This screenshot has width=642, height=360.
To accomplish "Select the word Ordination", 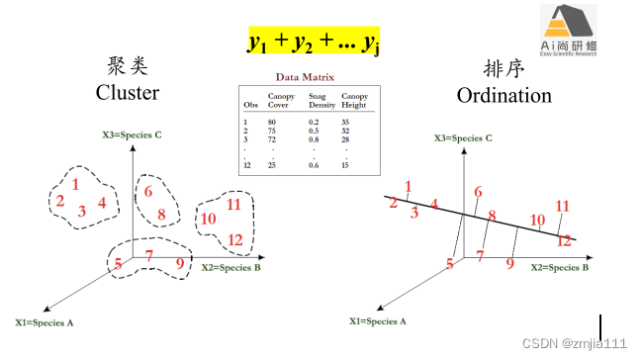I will pyautogui.click(x=504, y=95).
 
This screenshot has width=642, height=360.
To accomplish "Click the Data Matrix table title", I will pyautogui.click(x=306, y=76).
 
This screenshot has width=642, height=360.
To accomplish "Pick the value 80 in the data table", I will pyautogui.click(x=271, y=121).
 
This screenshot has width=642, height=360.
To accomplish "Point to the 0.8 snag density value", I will pyautogui.click(x=314, y=139).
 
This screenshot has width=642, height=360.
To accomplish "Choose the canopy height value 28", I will pyautogui.click(x=347, y=139).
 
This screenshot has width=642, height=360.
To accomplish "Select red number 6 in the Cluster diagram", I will pyautogui.click(x=148, y=192).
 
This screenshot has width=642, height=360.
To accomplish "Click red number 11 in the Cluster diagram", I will pyautogui.click(x=234, y=205).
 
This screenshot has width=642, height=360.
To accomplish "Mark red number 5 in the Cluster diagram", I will pyautogui.click(x=118, y=263).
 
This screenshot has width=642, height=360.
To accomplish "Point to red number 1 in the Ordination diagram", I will pyautogui.click(x=409, y=185).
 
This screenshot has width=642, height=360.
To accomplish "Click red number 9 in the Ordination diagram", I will pyautogui.click(x=510, y=263).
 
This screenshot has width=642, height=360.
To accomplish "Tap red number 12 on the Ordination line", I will pyautogui.click(x=564, y=239).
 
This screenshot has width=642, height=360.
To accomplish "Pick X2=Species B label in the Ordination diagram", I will pyautogui.click(x=560, y=267).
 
